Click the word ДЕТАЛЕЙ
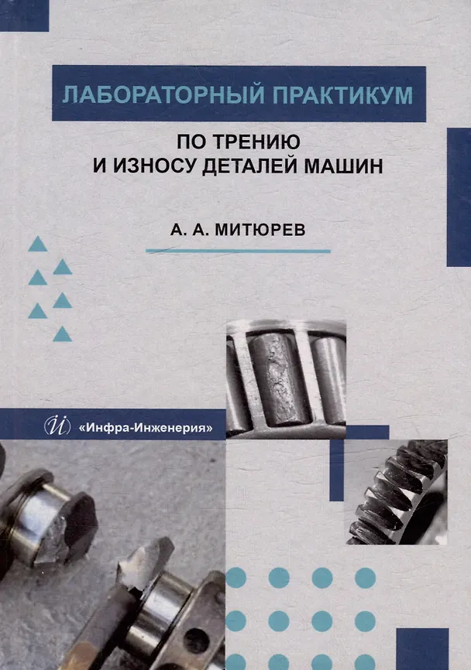249,166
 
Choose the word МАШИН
343,166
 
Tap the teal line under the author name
239,251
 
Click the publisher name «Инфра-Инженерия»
145,427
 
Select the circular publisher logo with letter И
57,426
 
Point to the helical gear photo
396,492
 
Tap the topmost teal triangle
38,244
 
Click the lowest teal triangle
62,334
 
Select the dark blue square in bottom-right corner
422,649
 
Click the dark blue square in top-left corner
24,15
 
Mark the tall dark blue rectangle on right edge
459,197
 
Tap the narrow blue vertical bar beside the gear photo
337,470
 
